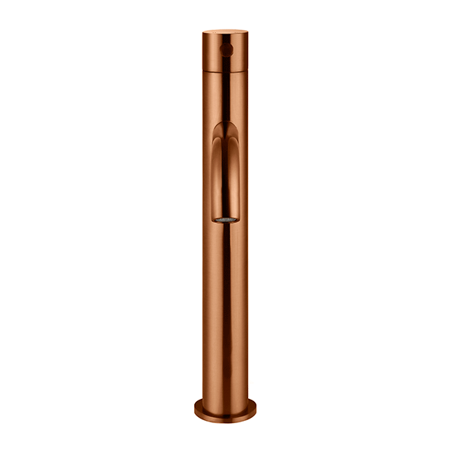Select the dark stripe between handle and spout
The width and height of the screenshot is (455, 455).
tap(225, 95)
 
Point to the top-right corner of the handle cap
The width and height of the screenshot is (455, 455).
tap(246, 33)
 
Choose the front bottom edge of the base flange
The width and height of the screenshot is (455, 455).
tap(225, 419)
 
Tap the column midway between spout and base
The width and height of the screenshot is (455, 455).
tap(225, 311)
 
